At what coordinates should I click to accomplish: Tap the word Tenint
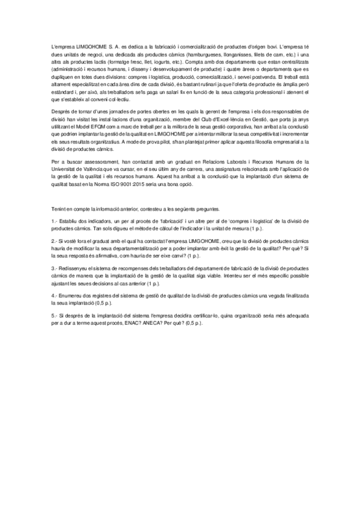(59, 209)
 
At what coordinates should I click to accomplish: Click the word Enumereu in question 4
(71, 297)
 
